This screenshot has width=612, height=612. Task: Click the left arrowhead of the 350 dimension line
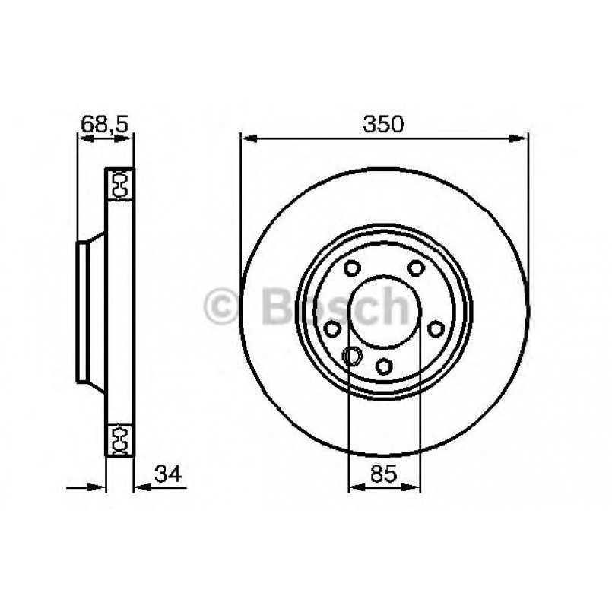click(x=246, y=138)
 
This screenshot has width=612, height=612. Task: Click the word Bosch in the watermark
click(x=335, y=307)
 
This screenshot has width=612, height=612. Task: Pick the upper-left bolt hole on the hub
click(x=351, y=268)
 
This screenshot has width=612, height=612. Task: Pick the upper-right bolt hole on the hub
click(x=415, y=268)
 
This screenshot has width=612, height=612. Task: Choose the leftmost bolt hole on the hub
click(x=331, y=328)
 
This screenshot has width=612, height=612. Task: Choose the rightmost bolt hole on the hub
click(x=436, y=328)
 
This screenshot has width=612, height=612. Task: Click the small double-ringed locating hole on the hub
click(x=351, y=354)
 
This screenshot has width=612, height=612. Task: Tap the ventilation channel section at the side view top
click(x=119, y=185)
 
